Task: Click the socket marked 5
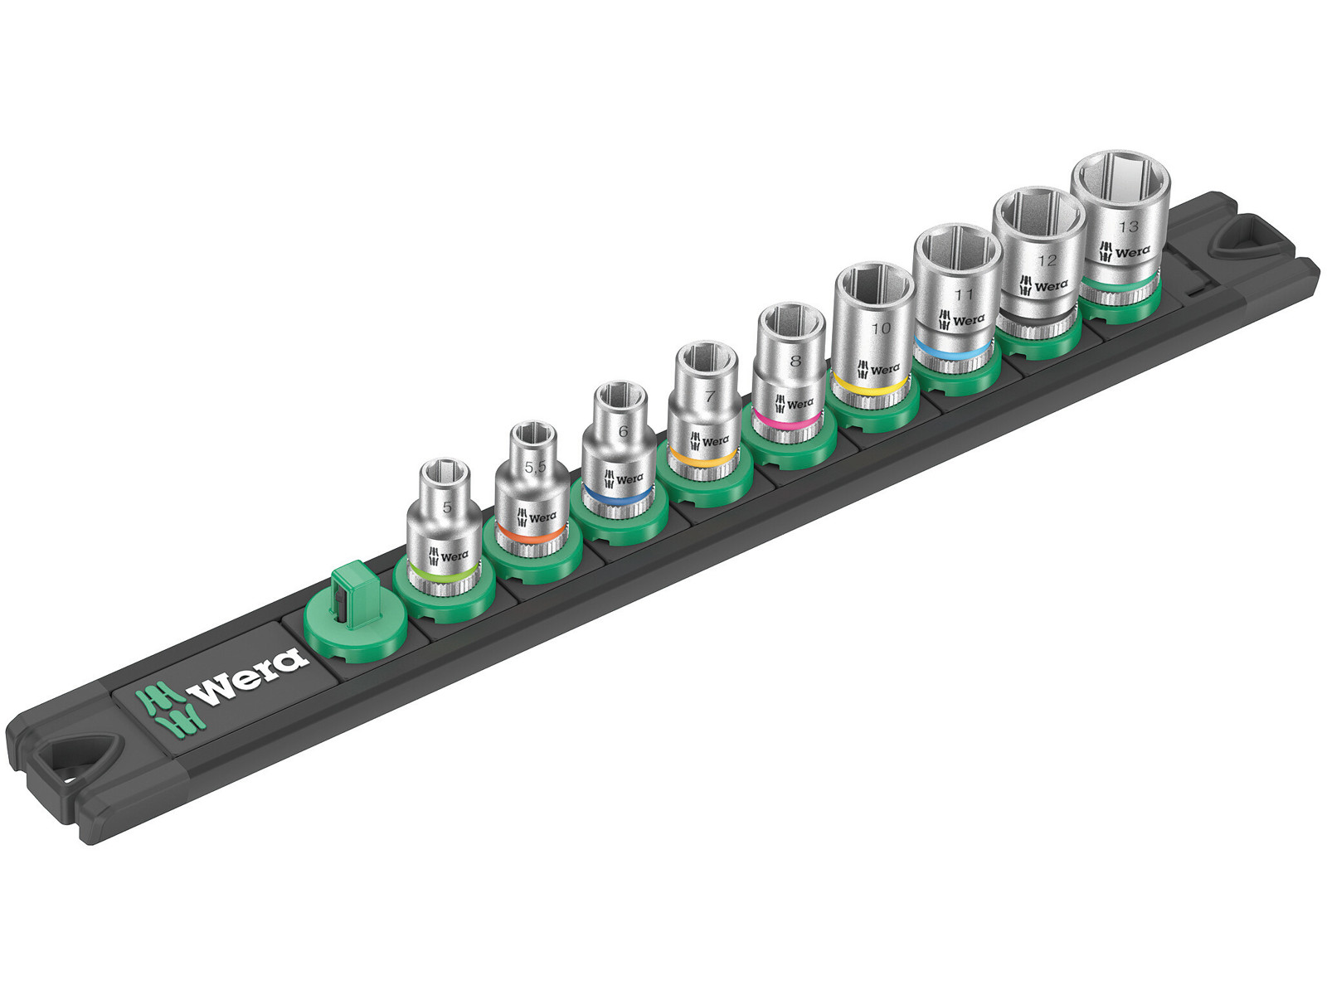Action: pyautogui.click(x=445, y=526)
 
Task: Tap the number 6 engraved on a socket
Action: pyautogui.click(x=624, y=431)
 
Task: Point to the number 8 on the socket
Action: pyautogui.click(x=795, y=362)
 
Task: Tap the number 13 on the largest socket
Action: pyautogui.click(x=1128, y=227)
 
